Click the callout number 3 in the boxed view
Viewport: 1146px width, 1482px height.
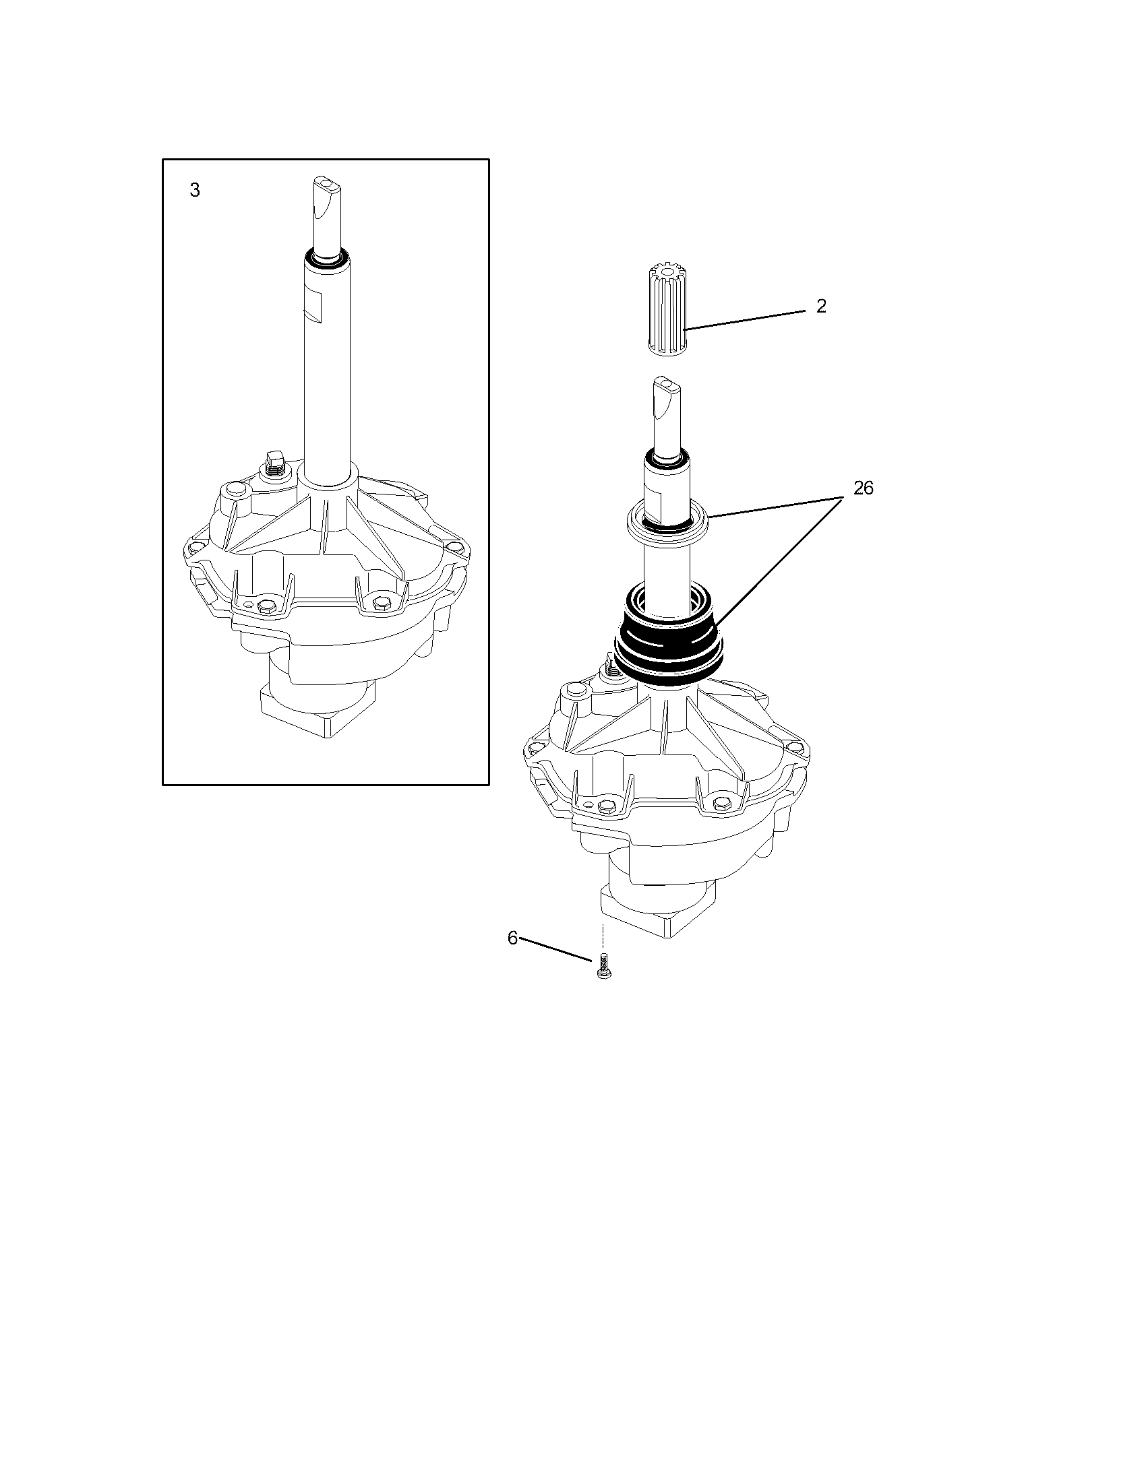click(195, 191)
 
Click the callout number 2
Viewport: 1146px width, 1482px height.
click(821, 307)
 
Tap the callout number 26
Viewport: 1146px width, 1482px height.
click(863, 488)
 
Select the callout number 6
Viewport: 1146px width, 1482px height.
click(512, 938)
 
